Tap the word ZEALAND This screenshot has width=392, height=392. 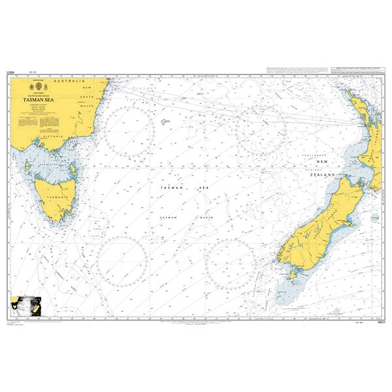click(x=325, y=176)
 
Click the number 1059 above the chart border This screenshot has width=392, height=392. click(x=10, y=74)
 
